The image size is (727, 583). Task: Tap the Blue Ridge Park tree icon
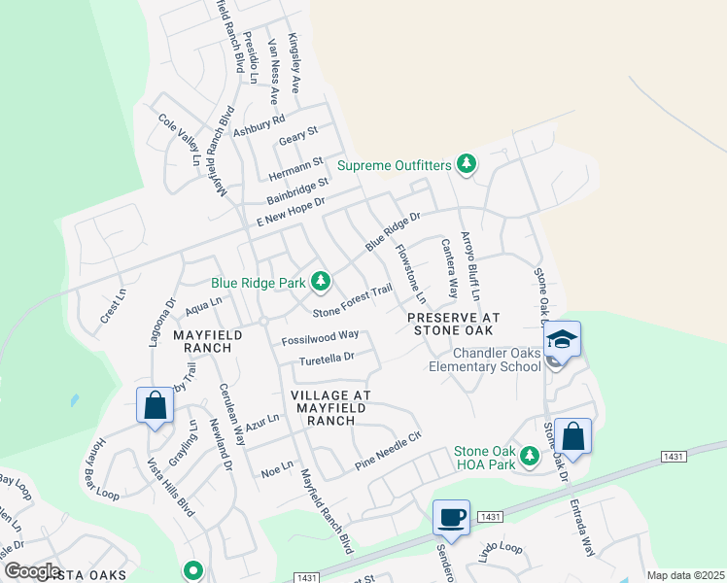click(321, 283)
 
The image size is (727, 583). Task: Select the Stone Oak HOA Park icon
click(530, 455)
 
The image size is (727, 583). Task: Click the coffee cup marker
click(452, 517)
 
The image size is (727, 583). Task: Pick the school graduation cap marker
click(564, 339)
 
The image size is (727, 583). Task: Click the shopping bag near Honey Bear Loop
click(155, 406)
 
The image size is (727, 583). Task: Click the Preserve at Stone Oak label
click(454, 324)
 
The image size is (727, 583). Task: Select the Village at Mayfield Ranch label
click(330, 408)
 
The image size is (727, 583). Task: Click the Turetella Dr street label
click(327, 358)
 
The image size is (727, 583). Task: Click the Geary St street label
click(298, 136)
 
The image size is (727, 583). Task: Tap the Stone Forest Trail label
click(353, 299)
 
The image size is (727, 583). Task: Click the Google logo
click(32, 571)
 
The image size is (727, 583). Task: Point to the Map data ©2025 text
click(685, 575)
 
